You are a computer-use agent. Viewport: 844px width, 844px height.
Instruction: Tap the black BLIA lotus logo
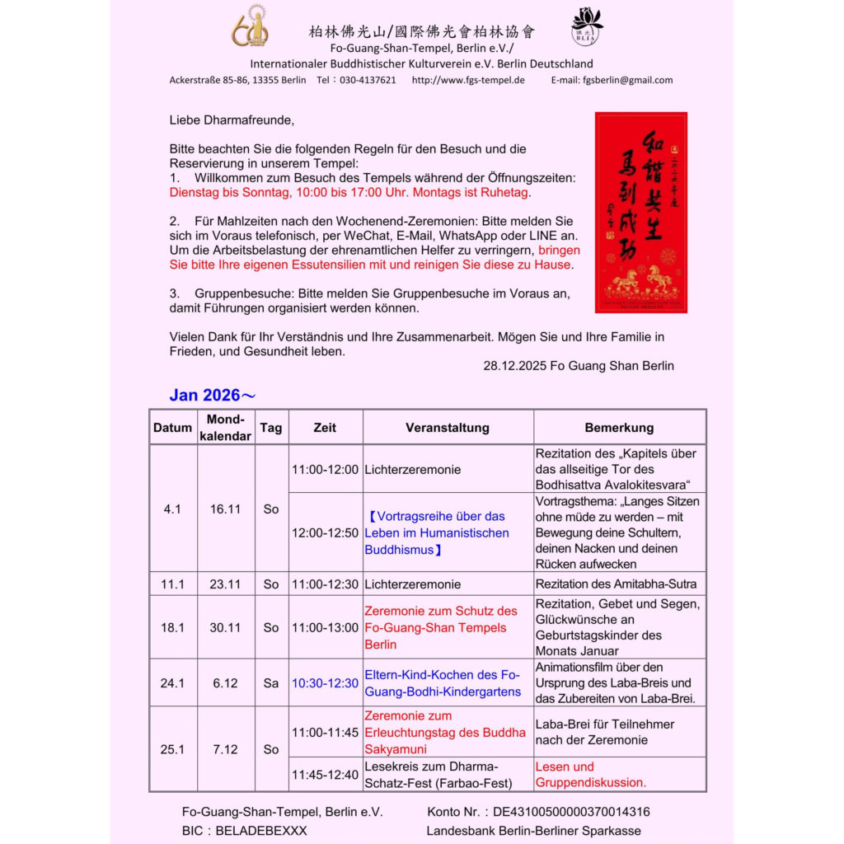pos(587,26)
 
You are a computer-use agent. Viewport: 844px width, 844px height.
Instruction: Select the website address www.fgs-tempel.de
pos(468,80)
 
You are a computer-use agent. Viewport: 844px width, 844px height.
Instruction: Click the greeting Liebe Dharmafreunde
pos(232,120)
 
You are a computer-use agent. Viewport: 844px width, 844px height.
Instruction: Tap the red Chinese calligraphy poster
pos(640,212)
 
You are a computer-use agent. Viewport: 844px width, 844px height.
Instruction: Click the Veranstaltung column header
pos(447,428)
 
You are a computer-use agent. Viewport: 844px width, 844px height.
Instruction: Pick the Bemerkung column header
pos(619,428)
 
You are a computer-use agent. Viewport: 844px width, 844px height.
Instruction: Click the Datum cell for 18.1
pos(172,627)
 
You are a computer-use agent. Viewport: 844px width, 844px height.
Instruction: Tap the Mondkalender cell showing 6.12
pos(225,683)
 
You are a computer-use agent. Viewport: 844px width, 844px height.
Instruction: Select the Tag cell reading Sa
pos(271,683)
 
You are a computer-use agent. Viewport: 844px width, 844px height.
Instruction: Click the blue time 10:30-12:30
pos(325,683)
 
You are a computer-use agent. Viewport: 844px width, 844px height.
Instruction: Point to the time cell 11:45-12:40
pos(325,775)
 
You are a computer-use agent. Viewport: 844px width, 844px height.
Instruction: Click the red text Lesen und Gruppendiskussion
pos(590,775)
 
